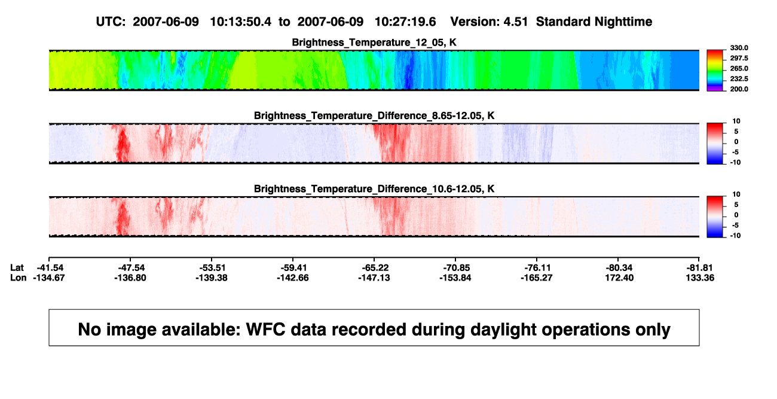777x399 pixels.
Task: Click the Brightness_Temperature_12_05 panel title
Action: [x=374, y=42]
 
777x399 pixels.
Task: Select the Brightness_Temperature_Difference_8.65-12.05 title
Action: [x=374, y=115]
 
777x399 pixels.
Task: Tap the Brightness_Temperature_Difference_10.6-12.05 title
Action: [x=374, y=189]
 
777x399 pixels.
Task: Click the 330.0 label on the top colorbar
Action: [x=739, y=48]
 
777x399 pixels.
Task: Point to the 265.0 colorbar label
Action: [x=739, y=68]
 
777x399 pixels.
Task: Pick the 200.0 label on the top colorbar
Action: [x=739, y=89]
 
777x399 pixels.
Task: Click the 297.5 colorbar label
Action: [x=739, y=58]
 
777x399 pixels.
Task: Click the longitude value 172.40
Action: [x=620, y=278]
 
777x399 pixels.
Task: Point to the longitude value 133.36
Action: [x=700, y=278]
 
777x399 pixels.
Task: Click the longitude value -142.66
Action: [x=293, y=278]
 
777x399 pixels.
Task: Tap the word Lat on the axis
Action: [x=17, y=268]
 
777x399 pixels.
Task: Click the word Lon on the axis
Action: [x=18, y=278]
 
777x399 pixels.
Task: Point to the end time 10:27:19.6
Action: [x=405, y=22]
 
